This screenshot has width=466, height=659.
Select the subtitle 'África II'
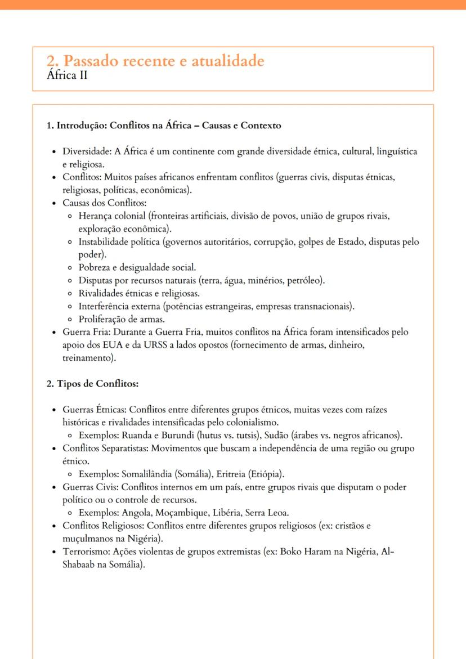tap(68, 75)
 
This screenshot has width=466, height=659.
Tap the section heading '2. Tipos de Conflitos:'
tap(92, 384)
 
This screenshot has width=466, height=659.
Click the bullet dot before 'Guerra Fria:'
tap(53, 333)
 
